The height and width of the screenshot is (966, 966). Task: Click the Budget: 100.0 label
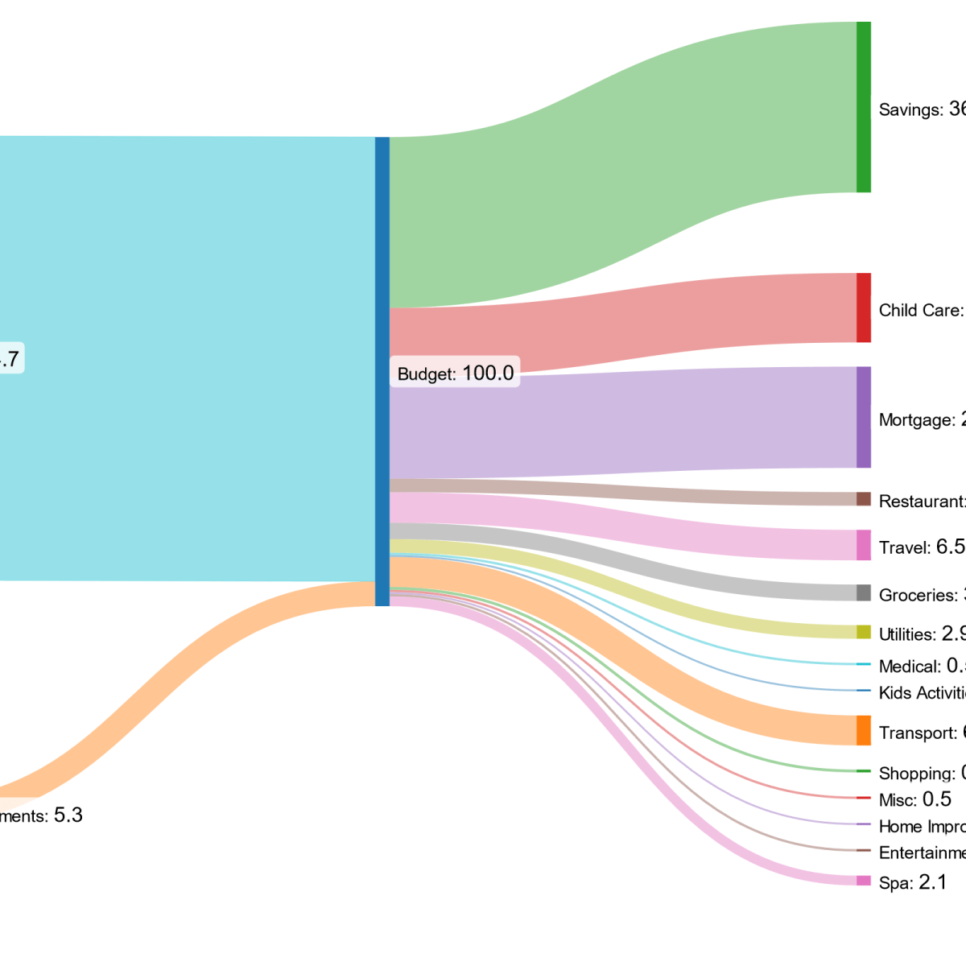[x=455, y=373]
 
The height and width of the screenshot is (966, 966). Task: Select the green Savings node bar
[x=863, y=107]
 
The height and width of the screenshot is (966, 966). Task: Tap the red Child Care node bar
[x=863, y=308]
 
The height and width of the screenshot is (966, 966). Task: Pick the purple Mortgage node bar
[x=863, y=417]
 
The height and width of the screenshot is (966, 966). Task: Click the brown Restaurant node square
[x=863, y=499]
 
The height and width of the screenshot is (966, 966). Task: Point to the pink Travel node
[x=863, y=545]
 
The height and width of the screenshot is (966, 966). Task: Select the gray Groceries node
[x=863, y=592]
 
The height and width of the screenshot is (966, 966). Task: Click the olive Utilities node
[x=863, y=632]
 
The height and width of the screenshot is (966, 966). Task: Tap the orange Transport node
[x=863, y=730]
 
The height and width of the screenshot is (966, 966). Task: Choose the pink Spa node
[x=863, y=881]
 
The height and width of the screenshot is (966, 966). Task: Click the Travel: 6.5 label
[x=922, y=547]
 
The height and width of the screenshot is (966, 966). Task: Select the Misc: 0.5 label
[x=914, y=799]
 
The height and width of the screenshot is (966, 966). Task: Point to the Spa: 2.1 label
[x=912, y=882]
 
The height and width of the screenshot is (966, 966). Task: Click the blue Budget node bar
[x=382, y=370]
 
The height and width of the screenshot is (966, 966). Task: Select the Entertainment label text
[x=923, y=852]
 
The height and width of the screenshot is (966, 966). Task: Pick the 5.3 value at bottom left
[x=68, y=815]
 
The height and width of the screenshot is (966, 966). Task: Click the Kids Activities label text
[x=923, y=692]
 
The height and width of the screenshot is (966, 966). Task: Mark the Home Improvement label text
[x=923, y=826]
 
